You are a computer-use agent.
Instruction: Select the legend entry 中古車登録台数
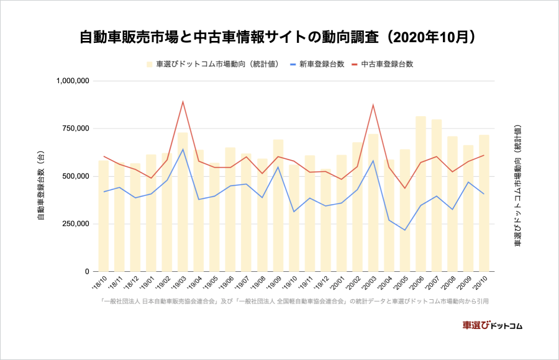pos(387,64)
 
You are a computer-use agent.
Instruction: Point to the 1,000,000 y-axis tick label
pos(73,81)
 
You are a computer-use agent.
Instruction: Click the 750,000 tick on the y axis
pos(78,128)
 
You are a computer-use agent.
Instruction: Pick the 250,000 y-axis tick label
pos(78,224)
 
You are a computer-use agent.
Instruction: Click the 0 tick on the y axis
pos(88,272)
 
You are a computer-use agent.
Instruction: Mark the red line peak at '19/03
pos(183,102)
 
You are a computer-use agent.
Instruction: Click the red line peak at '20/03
pos(373,104)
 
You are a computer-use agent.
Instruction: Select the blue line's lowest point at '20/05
pos(405,230)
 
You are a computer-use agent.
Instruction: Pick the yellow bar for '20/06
pos(420,199)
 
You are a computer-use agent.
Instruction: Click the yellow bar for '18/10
pos(103,217)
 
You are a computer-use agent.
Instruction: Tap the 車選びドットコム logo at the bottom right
pos(493,325)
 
